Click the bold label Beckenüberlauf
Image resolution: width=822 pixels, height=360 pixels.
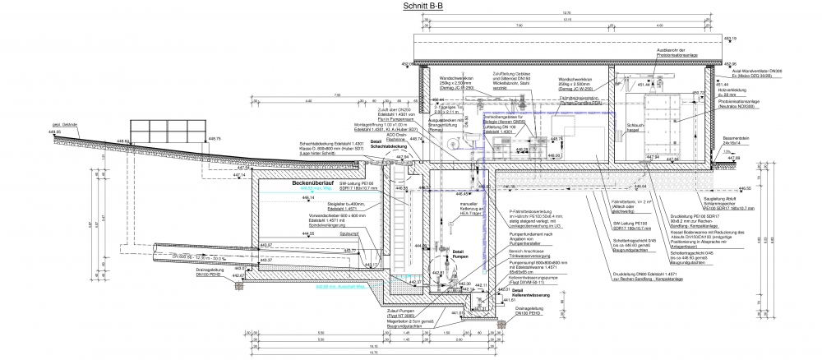[316, 182]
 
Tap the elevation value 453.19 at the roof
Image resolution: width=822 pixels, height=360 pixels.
[727, 39]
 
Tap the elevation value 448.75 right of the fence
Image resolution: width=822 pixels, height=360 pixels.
[214, 139]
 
